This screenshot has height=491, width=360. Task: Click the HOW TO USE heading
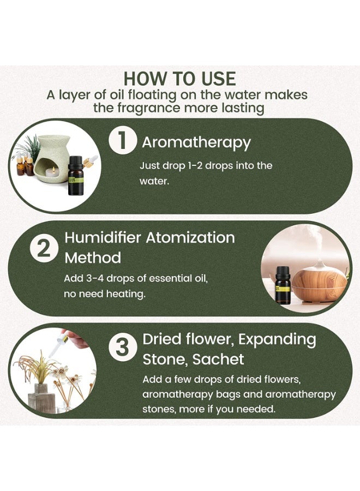(179, 79)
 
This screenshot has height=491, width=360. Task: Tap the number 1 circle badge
(122, 141)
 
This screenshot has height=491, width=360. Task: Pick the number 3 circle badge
(122, 348)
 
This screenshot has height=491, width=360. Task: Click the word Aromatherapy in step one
(196, 143)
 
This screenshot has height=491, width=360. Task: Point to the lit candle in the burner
(52, 172)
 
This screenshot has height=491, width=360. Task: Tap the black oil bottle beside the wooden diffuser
(283, 285)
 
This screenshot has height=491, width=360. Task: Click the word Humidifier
(103, 238)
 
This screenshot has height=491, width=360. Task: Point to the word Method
(93, 258)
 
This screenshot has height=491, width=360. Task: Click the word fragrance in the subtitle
(149, 109)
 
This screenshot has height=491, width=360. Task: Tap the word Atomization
(190, 238)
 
